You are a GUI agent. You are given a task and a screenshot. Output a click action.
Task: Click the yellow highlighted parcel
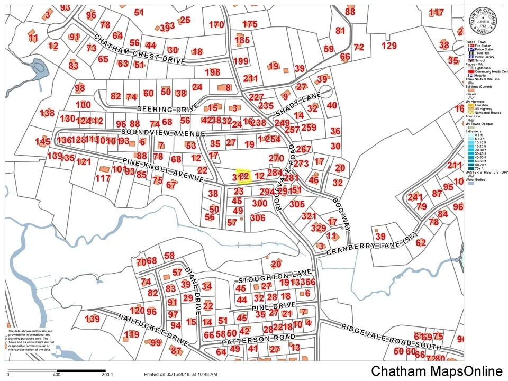(243, 176)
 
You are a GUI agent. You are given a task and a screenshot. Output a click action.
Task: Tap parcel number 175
(250, 24)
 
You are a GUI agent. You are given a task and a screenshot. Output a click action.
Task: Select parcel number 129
(389, 46)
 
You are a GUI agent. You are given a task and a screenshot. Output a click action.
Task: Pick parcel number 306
(258, 217)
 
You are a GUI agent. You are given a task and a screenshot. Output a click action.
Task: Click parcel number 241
(415, 197)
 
